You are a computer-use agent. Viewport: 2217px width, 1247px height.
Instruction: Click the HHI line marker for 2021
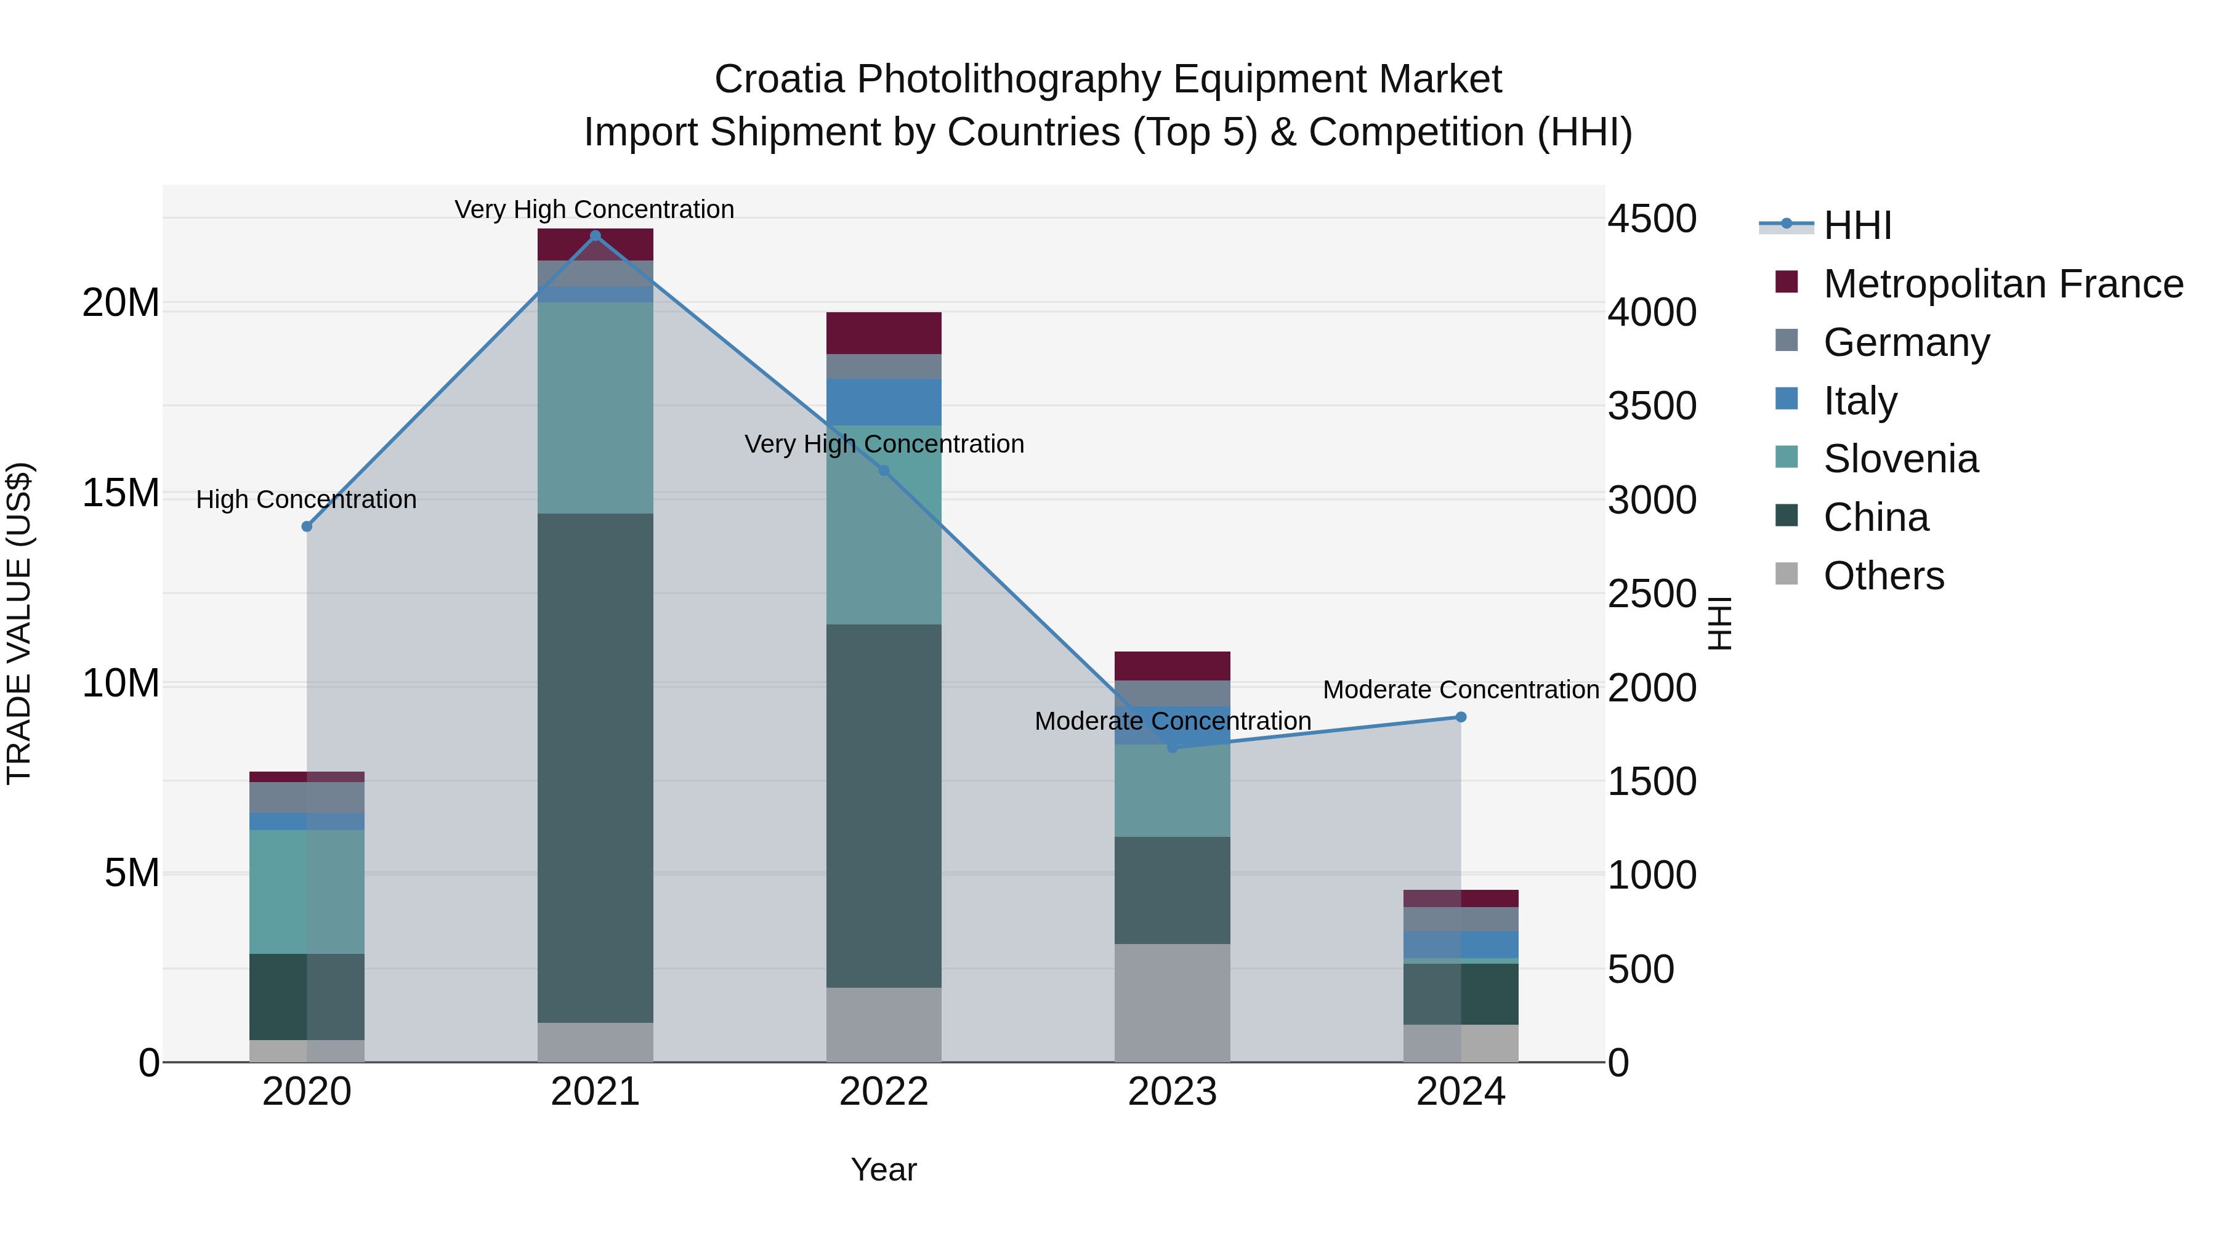[595, 236]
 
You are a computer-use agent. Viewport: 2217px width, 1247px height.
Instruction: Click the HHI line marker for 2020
[307, 527]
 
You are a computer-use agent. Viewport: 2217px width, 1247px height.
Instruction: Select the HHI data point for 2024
[1461, 717]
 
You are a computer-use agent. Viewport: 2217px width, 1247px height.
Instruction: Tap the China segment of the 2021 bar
[595, 768]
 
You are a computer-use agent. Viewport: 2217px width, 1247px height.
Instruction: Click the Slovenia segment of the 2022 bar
[883, 525]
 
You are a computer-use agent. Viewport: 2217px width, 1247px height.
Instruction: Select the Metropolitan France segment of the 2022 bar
[883, 333]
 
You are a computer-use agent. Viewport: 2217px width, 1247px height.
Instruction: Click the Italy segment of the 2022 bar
[883, 402]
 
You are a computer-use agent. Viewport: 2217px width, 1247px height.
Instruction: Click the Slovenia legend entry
[1900, 459]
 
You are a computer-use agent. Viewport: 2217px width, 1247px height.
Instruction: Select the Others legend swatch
[1787, 574]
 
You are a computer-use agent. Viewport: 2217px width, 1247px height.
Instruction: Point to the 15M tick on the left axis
[121, 493]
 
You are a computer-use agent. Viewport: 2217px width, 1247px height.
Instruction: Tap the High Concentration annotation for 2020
[307, 499]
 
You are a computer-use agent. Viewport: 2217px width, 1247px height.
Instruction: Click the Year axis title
[883, 1171]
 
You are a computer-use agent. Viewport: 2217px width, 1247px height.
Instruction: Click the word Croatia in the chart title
[779, 79]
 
